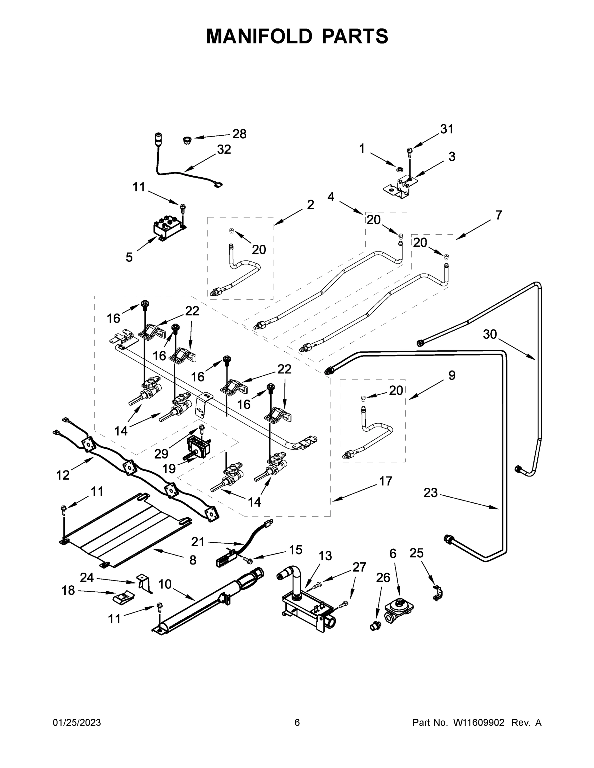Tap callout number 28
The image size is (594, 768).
239,134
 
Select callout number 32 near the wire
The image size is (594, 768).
224,149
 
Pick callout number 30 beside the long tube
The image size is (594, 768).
490,334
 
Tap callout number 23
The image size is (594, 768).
430,493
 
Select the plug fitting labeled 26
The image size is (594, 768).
375,626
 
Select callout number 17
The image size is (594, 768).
386,481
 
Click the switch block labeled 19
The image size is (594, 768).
198,447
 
